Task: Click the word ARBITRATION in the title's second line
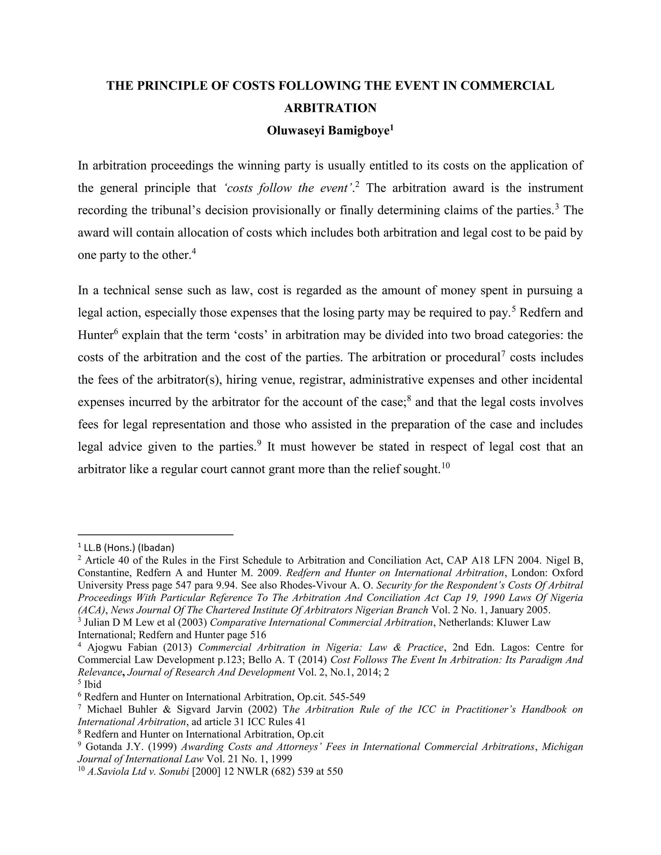330,108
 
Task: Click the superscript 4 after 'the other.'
193,251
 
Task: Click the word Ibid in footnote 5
93,684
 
